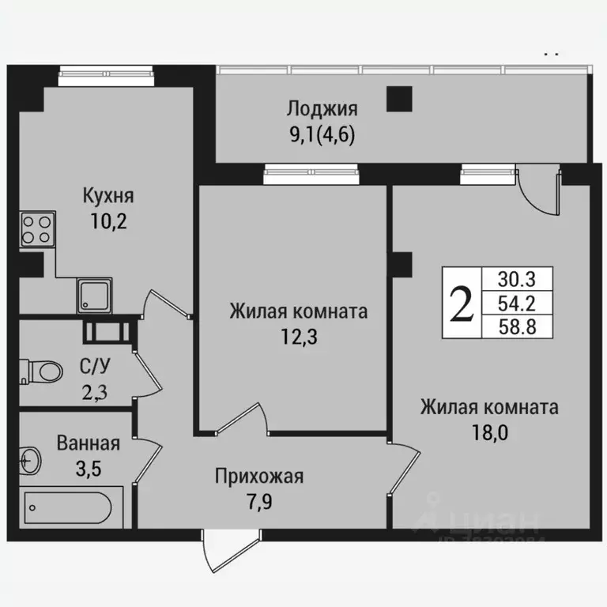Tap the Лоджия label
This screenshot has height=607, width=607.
click(x=322, y=109)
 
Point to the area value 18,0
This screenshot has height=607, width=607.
click(x=489, y=434)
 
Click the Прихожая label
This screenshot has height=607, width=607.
click(x=259, y=477)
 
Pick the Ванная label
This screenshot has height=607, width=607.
click(x=88, y=443)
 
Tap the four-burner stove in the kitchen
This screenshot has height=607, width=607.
click(x=36, y=229)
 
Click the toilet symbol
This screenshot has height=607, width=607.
click(x=43, y=370)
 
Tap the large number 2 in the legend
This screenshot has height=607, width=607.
click(x=462, y=302)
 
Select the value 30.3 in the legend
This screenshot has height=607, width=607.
click(x=518, y=279)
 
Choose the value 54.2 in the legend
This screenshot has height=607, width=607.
click(x=518, y=302)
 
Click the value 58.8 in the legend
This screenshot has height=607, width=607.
click(x=518, y=326)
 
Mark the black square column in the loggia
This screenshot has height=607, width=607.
click(x=399, y=99)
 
